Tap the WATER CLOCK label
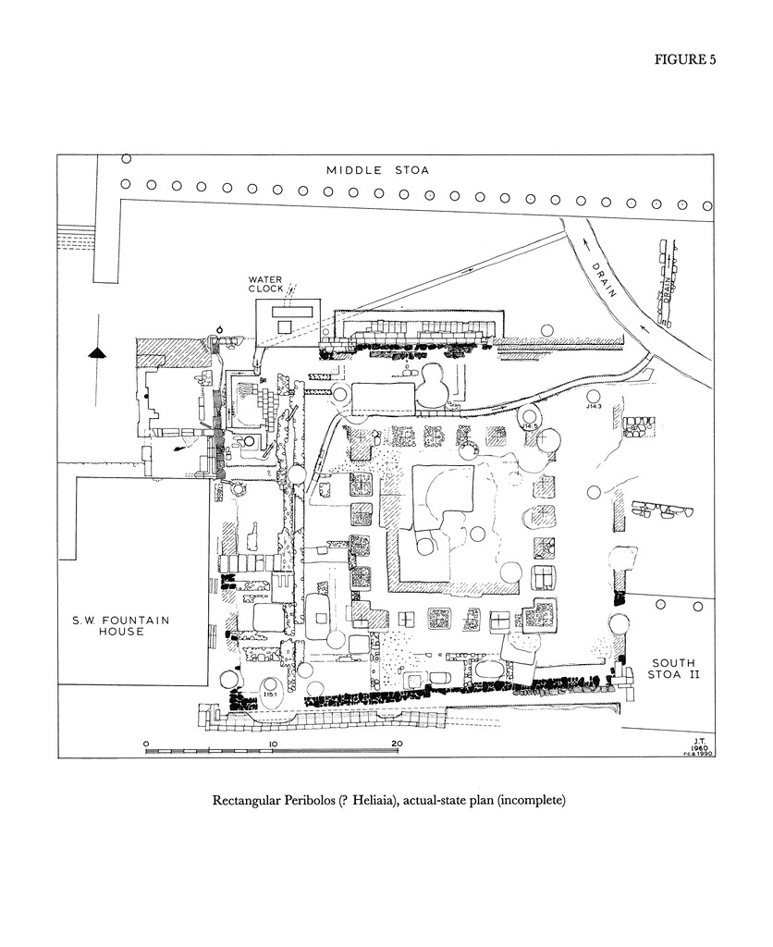266,284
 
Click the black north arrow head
96,352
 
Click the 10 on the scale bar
273,743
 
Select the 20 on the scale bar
396,743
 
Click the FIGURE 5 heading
685,60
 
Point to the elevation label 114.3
594,406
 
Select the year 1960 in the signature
699,746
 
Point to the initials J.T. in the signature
699,739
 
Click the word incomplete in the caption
530,800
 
